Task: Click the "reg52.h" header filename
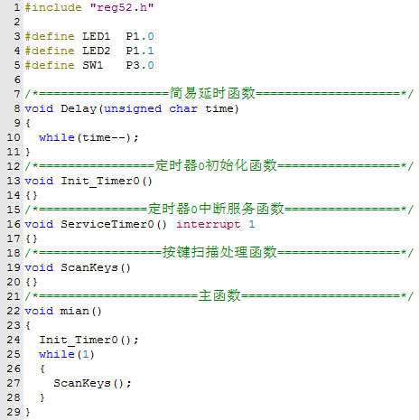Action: point(122,7)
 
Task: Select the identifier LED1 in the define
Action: point(97,36)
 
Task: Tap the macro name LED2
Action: point(97,51)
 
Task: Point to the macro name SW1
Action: point(93,65)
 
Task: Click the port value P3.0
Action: point(140,65)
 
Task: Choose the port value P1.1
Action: point(140,51)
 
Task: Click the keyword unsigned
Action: point(133,108)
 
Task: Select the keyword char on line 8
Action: point(183,108)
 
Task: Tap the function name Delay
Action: point(79,108)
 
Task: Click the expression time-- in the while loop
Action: point(104,137)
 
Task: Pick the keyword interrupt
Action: point(209,224)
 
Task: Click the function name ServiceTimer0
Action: point(107,224)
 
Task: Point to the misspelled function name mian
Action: point(75,311)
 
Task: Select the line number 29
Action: point(14,412)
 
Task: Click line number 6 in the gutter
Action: point(17,79)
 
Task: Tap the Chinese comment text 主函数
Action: point(219,295)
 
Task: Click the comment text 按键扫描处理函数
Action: point(219,252)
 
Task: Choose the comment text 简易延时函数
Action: point(212,93)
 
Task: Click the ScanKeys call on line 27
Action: point(82,383)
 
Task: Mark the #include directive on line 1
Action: point(53,7)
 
